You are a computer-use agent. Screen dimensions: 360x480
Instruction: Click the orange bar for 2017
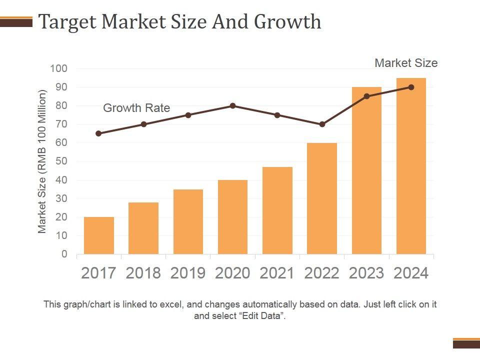click(99, 235)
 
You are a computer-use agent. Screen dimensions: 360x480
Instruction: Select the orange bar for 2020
click(233, 217)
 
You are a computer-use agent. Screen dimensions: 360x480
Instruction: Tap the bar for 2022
click(322, 198)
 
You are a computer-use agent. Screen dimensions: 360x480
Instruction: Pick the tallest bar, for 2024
click(411, 166)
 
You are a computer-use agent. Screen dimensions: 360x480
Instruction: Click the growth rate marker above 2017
click(98, 133)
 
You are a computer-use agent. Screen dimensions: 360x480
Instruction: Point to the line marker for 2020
click(233, 106)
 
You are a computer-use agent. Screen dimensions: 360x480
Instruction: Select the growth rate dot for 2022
click(322, 124)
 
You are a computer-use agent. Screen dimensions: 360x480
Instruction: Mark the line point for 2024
click(411, 87)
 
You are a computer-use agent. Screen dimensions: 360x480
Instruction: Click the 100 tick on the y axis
click(58, 68)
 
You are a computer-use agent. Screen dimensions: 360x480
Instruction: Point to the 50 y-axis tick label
click(61, 161)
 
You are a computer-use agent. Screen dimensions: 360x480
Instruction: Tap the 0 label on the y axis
click(64, 254)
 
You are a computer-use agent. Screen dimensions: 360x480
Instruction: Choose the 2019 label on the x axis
click(188, 273)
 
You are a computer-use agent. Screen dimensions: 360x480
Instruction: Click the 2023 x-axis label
click(366, 273)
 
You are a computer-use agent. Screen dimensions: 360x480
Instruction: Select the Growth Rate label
click(136, 108)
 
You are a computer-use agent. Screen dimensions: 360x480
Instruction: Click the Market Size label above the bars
click(406, 63)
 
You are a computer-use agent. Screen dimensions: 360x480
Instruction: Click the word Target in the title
click(67, 22)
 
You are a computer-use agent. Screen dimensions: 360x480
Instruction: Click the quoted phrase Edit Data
click(260, 316)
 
